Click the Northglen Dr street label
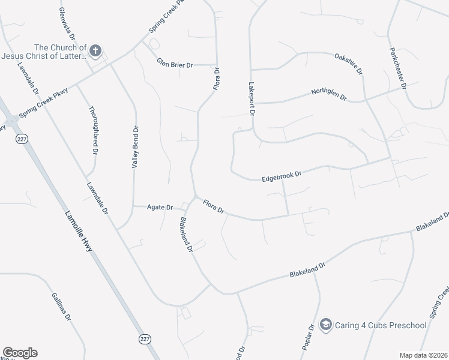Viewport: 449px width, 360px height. pos(329,94)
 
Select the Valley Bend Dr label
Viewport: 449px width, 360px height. pos(136,145)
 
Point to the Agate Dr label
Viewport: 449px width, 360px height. pos(160,207)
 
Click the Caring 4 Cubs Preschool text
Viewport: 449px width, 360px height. pos(381,326)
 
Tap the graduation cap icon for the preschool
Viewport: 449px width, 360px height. pos(326,325)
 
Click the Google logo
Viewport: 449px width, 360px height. pos(19,353)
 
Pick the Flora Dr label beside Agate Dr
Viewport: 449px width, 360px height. pos(213,207)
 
